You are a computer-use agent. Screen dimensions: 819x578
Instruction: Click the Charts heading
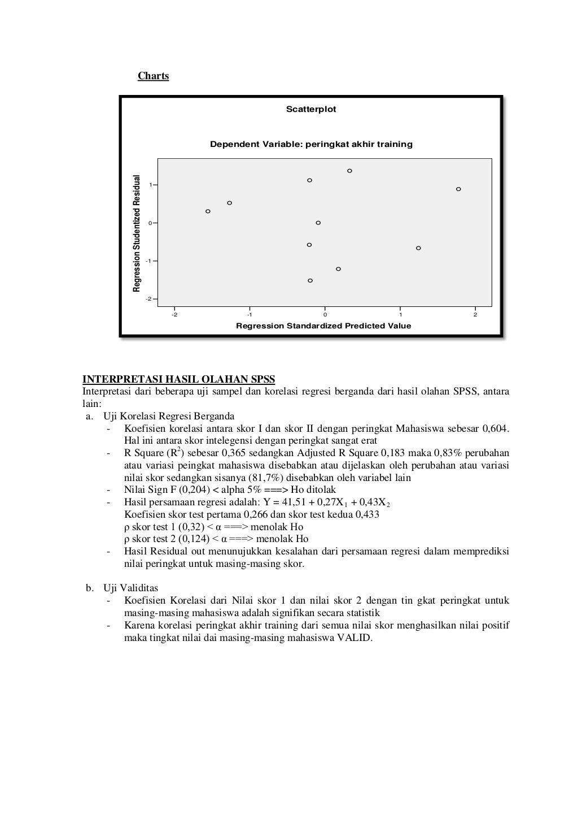coord(153,76)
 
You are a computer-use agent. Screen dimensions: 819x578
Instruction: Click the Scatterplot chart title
coord(311,109)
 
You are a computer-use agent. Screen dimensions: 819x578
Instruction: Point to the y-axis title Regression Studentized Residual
coord(136,233)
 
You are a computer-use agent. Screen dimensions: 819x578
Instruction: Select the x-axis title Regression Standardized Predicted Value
coord(323,326)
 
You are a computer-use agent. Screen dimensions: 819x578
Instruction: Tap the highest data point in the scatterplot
coord(350,171)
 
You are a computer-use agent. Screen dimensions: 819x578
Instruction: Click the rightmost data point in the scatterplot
coord(458,189)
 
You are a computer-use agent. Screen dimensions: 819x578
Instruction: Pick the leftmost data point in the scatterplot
coord(208,211)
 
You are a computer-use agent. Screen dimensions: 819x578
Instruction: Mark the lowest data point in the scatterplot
coord(310,280)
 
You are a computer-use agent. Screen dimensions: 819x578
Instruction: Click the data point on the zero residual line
coord(318,223)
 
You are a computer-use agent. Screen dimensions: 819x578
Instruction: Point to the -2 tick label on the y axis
coord(148,299)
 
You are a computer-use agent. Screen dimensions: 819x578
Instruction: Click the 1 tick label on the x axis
coord(400,315)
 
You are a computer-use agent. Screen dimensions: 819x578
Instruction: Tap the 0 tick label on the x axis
coord(325,315)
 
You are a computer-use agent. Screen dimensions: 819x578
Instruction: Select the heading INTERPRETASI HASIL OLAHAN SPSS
coord(178,379)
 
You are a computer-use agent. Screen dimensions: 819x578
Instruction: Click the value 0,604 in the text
coord(496,428)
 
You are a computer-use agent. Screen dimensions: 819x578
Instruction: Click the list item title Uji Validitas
coord(130,588)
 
